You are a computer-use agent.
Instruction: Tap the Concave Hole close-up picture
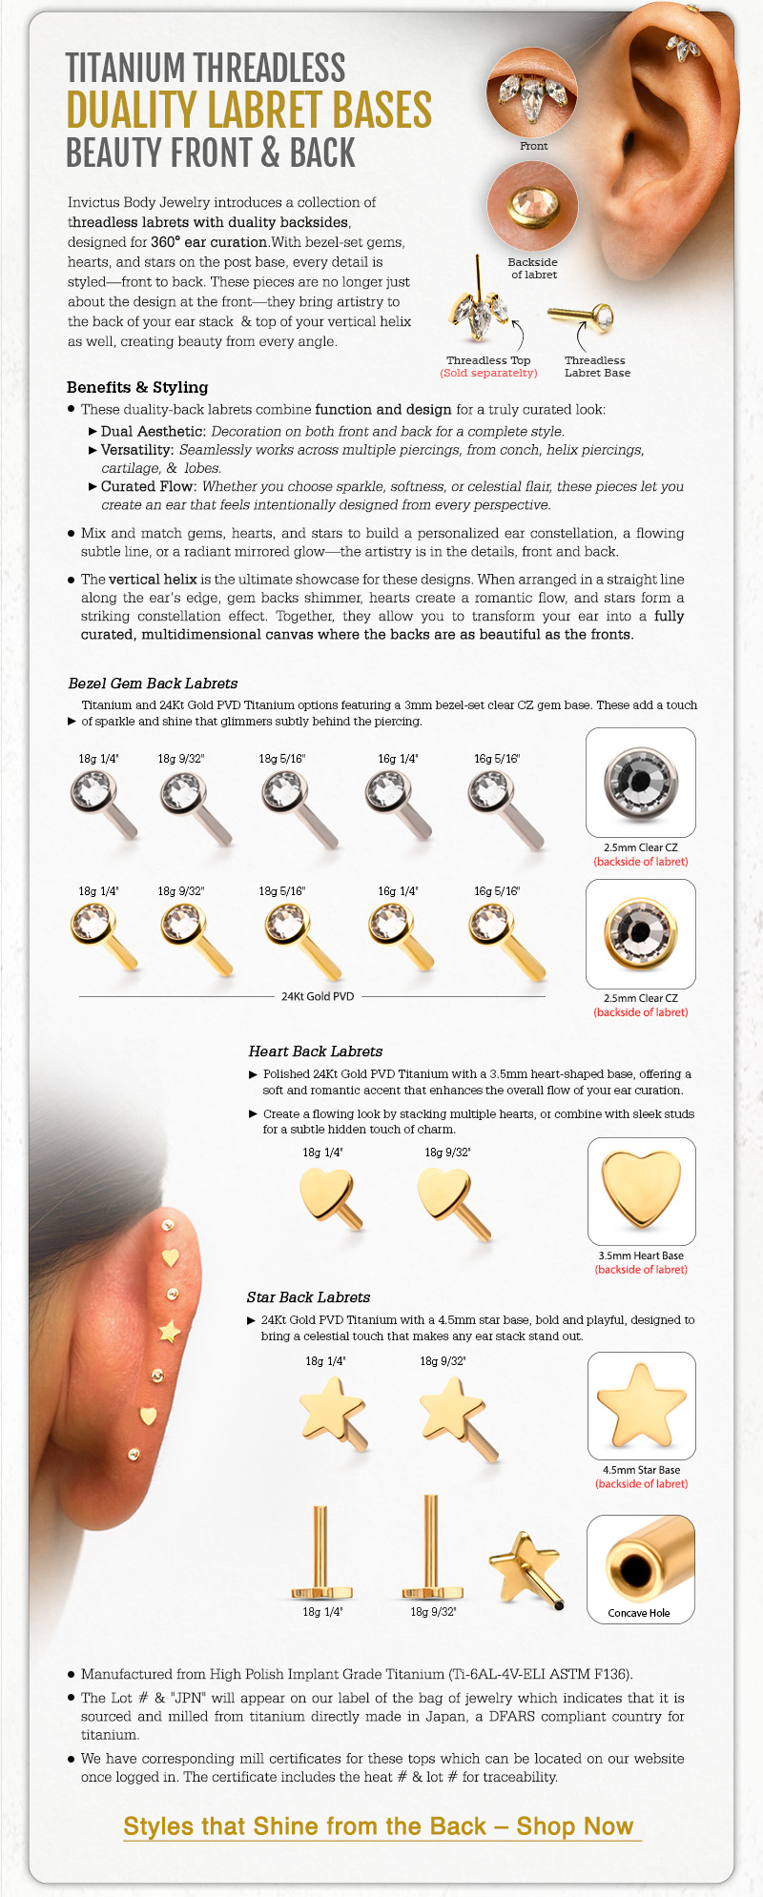(640, 1568)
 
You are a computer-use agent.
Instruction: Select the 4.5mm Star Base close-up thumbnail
(641, 1405)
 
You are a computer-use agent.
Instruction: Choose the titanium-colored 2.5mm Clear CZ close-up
(640, 782)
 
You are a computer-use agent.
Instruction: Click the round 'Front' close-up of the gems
(533, 92)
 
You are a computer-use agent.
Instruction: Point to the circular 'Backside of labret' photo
(532, 207)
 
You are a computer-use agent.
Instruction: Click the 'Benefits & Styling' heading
(137, 387)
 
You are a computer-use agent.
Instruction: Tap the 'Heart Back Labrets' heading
(315, 1051)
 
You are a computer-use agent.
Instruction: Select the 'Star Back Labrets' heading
(308, 1297)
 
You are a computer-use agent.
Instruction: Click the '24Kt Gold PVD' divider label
(317, 996)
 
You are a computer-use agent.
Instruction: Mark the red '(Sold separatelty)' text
(488, 373)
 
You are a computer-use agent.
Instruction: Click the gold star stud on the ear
(169, 1330)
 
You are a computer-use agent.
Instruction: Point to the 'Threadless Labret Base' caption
(596, 366)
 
